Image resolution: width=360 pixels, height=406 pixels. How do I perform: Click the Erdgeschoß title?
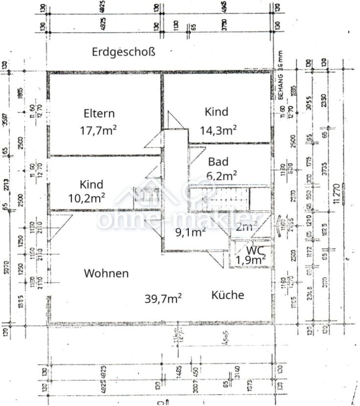pos(123,52)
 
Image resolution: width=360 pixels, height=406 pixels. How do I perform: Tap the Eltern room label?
pos(99,113)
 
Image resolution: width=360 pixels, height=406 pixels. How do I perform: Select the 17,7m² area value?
pos(98,130)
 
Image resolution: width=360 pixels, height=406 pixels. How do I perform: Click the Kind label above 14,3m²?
pos(216,112)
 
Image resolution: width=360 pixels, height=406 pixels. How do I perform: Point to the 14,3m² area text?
pos(218,130)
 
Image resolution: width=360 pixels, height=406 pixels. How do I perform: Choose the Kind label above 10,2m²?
pos(91,184)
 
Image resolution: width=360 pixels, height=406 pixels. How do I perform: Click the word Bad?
pos(218,162)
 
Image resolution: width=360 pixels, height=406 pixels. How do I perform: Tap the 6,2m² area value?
pos(222,175)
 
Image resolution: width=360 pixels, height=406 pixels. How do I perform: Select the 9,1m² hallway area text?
pos(190,232)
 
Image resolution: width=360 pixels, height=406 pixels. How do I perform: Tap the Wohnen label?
pos(106,273)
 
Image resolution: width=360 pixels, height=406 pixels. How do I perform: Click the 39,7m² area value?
pos(164,298)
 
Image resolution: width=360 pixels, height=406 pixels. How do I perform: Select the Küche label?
pos(227,295)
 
